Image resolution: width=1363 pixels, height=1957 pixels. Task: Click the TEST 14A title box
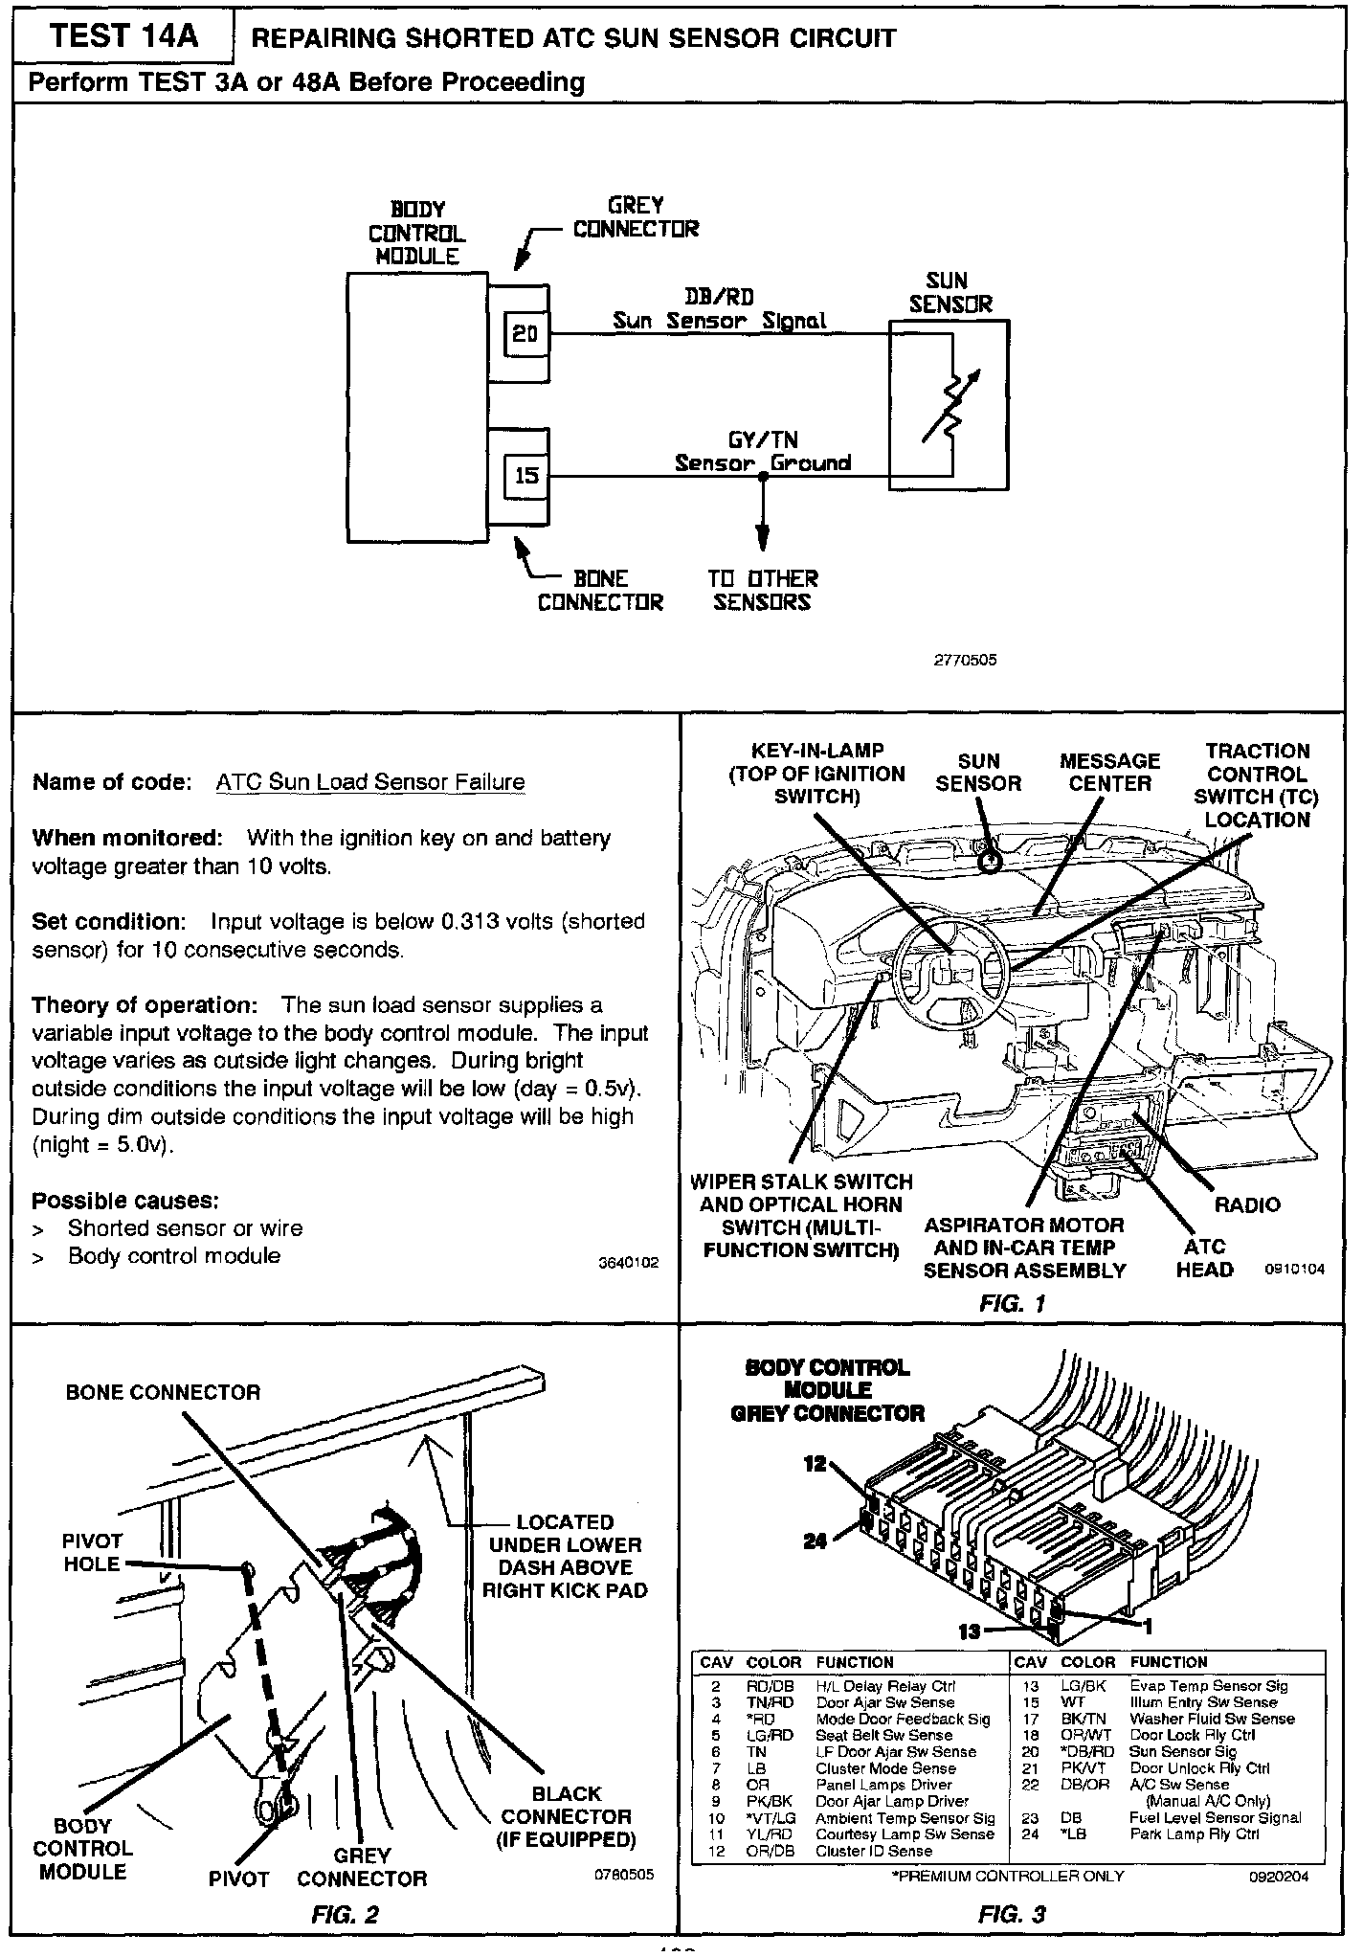coord(123,36)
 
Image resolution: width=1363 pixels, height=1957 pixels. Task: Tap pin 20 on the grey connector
coord(525,334)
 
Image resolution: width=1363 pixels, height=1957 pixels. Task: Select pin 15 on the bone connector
coord(526,476)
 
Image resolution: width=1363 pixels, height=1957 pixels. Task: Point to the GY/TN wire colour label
coord(763,440)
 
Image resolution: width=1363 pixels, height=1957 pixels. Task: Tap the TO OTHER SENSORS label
coord(763,591)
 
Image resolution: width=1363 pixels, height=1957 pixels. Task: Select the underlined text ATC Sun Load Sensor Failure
coord(370,782)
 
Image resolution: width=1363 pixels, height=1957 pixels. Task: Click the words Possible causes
coord(125,1201)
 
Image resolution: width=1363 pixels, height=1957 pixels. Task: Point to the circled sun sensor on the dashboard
coord(992,859)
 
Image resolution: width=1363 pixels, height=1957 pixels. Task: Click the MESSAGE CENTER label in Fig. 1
coord(1109,772)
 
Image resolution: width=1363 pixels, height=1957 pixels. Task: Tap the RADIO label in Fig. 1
coord(1247,1204)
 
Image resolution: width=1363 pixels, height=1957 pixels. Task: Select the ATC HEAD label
coord(1204,1258)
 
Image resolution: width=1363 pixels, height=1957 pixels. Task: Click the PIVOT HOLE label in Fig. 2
coord(92,1552)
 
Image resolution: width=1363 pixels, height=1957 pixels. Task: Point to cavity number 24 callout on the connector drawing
coord(815,1541)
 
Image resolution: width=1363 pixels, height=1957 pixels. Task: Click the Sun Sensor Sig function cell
coord(1183,1751)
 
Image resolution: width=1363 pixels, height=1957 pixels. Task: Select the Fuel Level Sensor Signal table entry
coord(1215,1817)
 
